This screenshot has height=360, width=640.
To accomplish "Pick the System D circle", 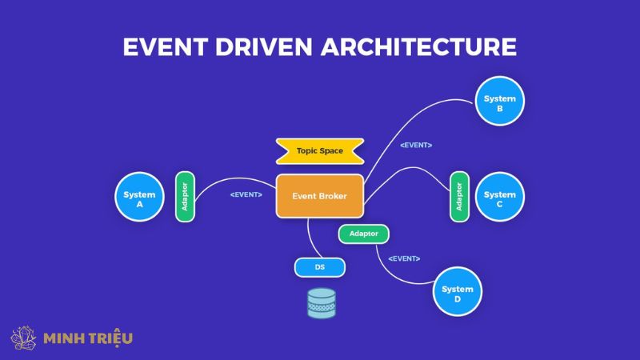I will [457, 294].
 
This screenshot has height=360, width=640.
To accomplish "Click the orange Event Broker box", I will [319, 194].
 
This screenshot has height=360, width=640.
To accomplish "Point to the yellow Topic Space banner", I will [319, 150].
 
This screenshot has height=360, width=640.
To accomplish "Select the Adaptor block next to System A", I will [185, 196].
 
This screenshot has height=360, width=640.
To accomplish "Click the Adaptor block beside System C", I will [458, 196].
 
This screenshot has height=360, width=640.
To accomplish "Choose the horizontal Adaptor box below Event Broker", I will [364, 234].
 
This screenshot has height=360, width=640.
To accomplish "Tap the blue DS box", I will [319, 268].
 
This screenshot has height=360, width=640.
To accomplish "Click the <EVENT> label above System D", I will [404, 258].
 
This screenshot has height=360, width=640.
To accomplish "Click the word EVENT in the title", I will [162, 47].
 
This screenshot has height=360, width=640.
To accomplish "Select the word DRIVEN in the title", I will [263, 47].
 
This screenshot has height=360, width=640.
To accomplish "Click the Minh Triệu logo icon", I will [23, 338].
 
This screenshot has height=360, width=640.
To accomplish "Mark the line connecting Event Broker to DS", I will [308, 236].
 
